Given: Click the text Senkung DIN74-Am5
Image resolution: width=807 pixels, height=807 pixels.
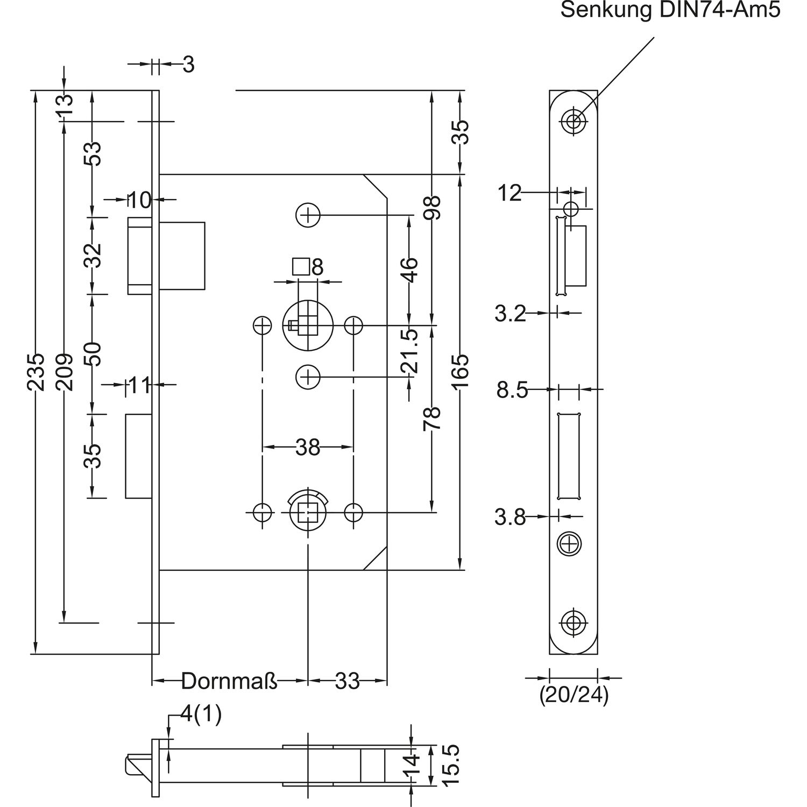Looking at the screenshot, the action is (670, 10).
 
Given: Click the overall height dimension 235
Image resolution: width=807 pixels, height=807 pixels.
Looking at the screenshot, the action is (36, 372).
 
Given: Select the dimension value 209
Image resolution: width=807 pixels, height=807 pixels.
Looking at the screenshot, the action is (64, 372).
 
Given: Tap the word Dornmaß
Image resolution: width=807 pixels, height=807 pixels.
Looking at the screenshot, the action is (230, 681).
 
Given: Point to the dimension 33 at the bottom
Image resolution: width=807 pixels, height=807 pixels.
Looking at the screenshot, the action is (347, 682).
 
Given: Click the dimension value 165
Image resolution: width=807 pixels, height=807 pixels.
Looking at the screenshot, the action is (460, 372).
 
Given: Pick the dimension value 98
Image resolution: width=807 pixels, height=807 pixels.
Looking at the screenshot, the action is (433, 208).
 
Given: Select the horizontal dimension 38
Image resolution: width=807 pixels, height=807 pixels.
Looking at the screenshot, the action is (308, 447).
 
